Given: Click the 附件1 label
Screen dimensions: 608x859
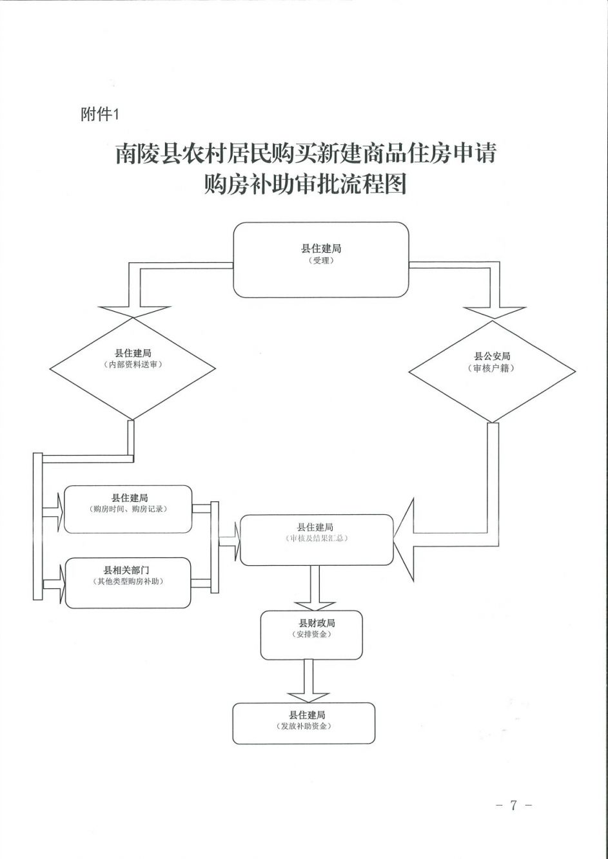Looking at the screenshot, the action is [x=100, y=114].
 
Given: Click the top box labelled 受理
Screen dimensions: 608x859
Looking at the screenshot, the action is [x=321, y=260].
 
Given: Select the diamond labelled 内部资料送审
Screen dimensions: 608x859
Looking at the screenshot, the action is [x=132, y=369].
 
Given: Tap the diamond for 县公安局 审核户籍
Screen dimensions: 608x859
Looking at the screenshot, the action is [x=492, y=371].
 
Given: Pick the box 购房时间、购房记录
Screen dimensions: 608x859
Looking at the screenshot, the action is [x=128, y=509].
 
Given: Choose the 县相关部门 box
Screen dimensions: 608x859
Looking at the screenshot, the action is [x=128, y=583].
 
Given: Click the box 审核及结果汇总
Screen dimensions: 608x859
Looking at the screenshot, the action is [x=317, y=540].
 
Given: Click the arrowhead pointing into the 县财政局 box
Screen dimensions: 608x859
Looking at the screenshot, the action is [x=315, y=606].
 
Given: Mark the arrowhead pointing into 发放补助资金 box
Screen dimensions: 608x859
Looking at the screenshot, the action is [x=308, y=698].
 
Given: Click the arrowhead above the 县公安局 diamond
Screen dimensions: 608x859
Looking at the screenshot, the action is [x=495, y=313].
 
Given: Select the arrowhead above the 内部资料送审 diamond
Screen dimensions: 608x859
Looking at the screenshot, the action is [x=134, y=312].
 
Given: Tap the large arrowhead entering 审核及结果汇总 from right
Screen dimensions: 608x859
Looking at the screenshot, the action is [x=404, y=540].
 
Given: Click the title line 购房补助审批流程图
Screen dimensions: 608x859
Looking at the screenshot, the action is [x=305, y=185].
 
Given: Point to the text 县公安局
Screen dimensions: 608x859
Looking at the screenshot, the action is [x=492, y=356].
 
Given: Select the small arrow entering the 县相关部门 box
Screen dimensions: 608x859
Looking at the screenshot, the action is [x=54, y=584].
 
